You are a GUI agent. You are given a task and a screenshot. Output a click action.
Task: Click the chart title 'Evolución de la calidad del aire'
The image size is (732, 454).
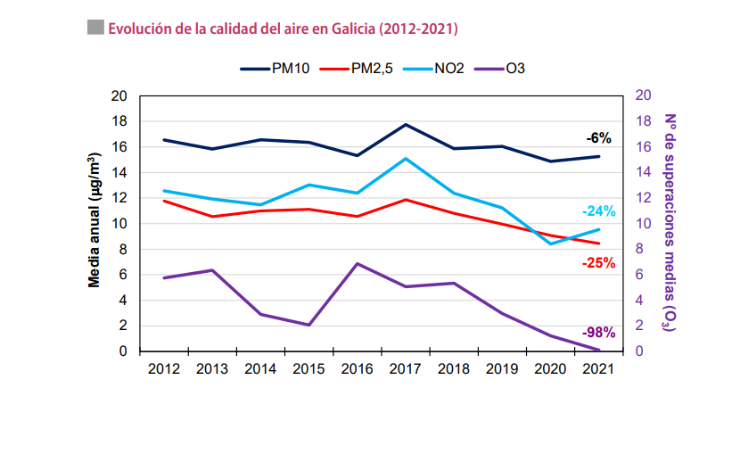tap(282, 29)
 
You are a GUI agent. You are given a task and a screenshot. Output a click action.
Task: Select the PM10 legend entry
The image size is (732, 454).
tap(276, 69)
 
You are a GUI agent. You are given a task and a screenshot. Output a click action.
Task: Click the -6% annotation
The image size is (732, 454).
tap(598, 138)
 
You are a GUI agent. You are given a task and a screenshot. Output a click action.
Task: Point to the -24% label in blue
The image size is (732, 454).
tap(598, 211)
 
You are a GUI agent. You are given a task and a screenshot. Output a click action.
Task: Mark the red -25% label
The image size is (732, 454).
tap(598, 263)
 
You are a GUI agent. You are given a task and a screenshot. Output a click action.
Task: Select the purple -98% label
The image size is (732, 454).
tap(598, 333)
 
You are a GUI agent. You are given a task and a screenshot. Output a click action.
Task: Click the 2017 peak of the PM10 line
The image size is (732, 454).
tap(406, 125)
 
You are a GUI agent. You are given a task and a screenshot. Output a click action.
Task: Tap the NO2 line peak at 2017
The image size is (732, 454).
tap(406, 159)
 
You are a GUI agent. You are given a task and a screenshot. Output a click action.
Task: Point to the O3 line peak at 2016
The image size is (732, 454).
tap(357, 264)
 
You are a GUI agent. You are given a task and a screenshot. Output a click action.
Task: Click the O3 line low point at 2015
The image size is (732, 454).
tap(308, 325)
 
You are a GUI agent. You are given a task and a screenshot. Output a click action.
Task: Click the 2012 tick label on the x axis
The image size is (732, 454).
tap(163, 368)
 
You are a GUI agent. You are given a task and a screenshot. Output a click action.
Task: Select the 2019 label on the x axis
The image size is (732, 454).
tap(502, 368)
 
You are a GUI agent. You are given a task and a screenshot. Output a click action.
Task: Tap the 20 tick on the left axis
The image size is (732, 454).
tap(119, 95)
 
